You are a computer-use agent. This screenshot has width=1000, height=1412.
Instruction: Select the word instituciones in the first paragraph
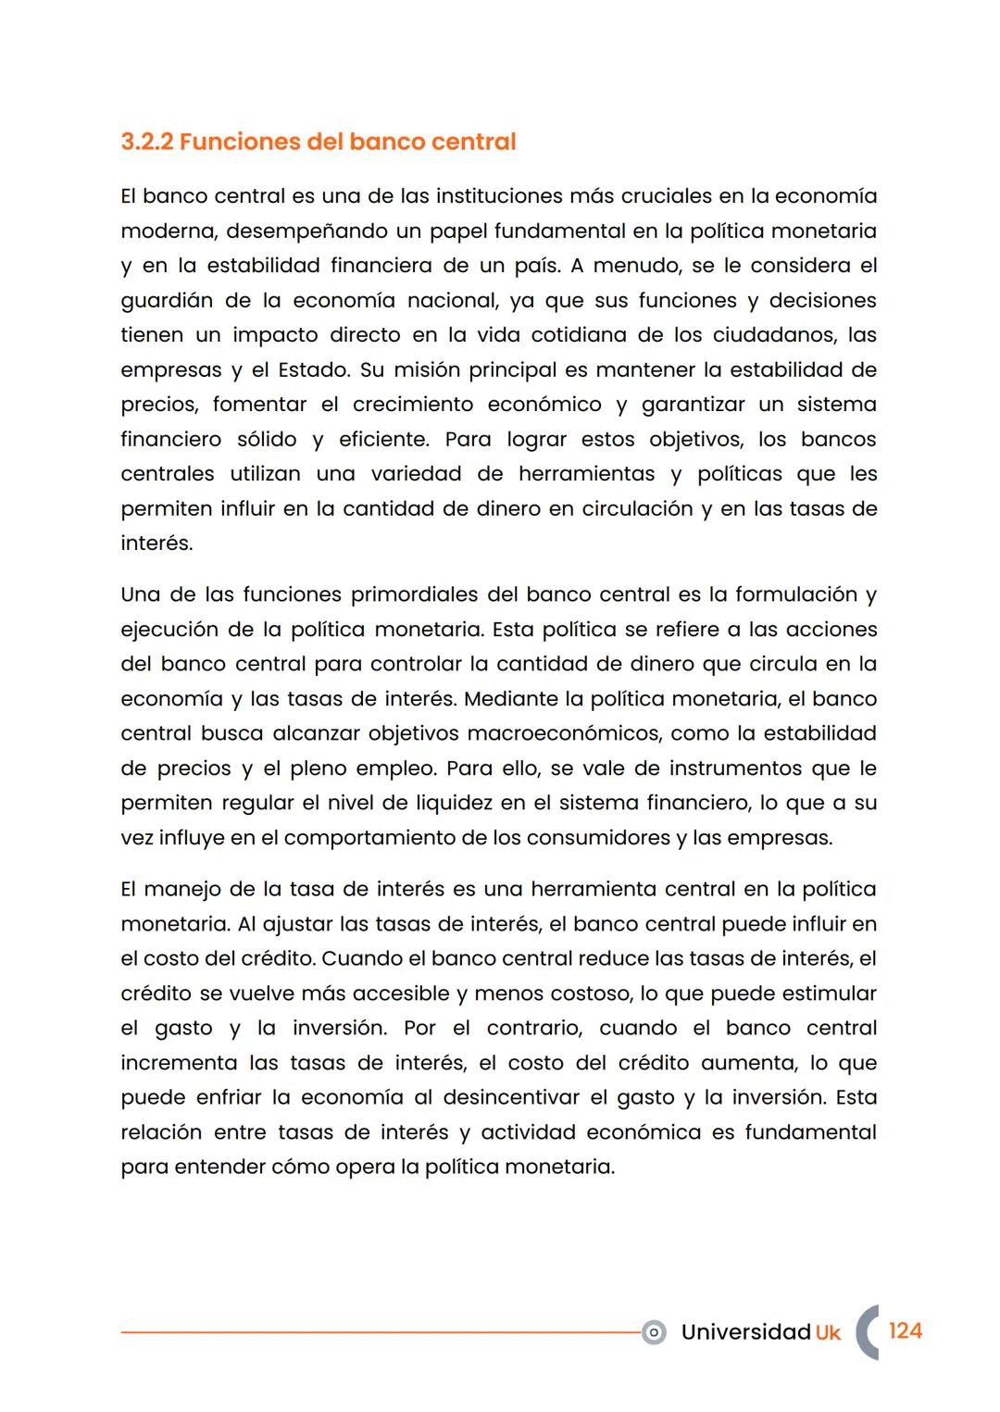(499, 196)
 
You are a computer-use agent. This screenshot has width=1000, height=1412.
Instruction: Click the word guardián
(167, 300)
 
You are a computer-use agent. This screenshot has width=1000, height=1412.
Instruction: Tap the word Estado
(313, 369)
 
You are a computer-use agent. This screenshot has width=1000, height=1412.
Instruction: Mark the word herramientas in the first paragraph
(587, 474)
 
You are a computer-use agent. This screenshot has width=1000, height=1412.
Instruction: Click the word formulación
(795, 594)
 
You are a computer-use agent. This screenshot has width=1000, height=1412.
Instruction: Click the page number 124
(905, 1331)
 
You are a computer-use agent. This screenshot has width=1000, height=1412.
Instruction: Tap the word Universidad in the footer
(745, 1331)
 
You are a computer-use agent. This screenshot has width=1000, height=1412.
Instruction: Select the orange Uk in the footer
(828, 1332)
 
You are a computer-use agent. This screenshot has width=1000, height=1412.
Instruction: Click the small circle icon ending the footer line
(654, 1332)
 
